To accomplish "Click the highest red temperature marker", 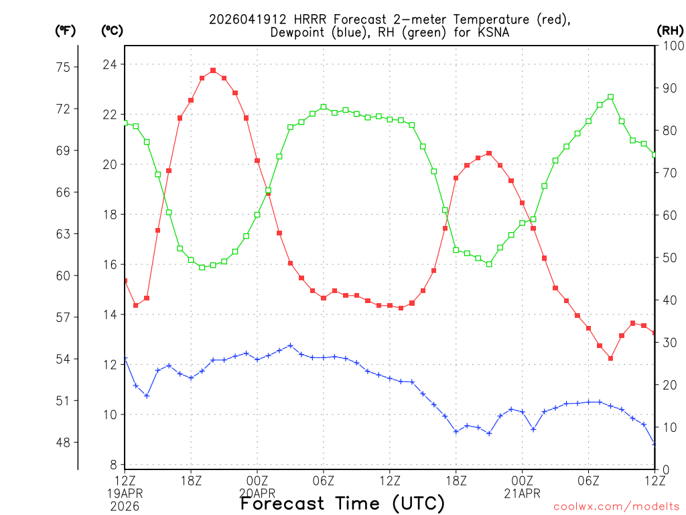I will click(x=213, y=70).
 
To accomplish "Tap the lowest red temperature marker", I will click(x=610, y=358).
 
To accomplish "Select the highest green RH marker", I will click(x=610, y=97).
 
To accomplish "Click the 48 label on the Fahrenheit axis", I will click(x=64, y=443).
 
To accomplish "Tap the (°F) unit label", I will click(x=65, y=30).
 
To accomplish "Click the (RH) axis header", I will click(x=670, y=30).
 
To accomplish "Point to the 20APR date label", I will click(x=257, y=494).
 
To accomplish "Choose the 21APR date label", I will click(x=522, y=494).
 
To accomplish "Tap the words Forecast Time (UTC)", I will click(x=342, y=503).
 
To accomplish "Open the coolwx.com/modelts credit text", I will click(x=616, y=507).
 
